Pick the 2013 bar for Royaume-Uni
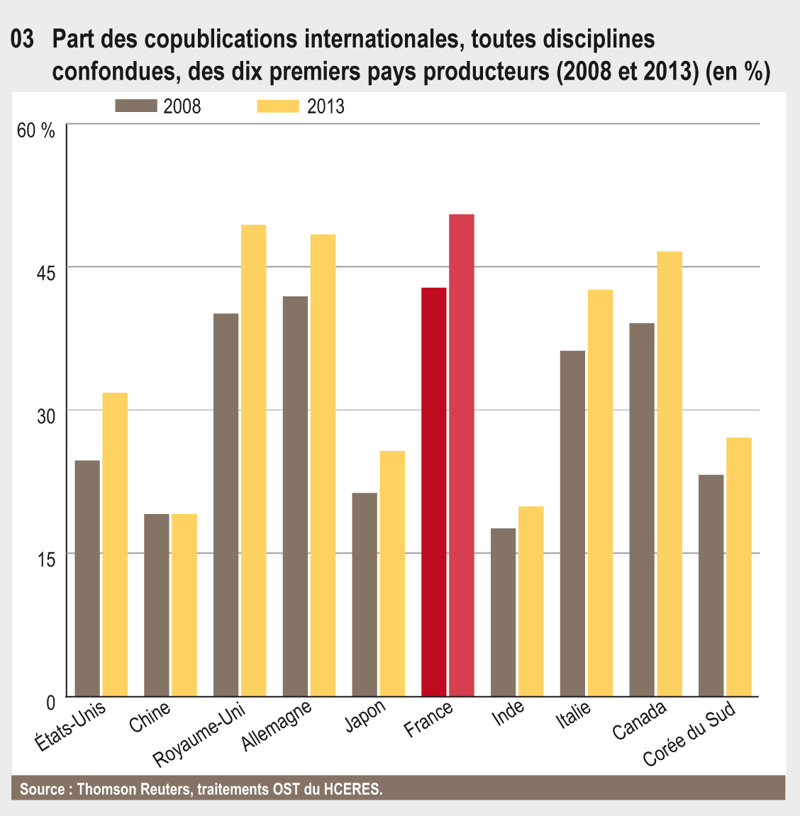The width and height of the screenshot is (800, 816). (253, 461)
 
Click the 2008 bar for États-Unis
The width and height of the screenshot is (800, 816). (87, 579)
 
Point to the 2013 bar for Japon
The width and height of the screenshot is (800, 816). (392, 574)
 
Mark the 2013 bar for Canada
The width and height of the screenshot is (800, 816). (670, 474)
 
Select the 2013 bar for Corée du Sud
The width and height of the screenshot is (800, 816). (739, 567)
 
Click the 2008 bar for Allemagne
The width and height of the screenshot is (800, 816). (295, 496)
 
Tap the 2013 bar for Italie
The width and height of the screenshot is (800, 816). (600, 493)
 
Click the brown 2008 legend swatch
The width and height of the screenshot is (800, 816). (135, 106)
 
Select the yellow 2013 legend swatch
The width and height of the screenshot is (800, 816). (277, 106)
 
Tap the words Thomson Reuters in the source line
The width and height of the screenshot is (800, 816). (133, 789)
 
